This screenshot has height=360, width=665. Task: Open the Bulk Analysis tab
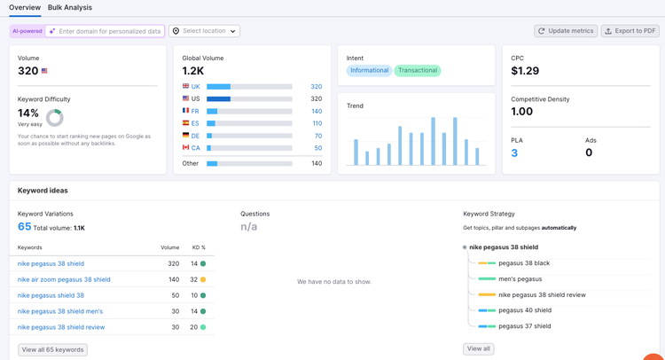(69, 8)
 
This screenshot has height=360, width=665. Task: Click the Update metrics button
(566, 31)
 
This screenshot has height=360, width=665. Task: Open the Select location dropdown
(205, 31)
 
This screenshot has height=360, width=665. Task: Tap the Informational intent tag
(370, 70)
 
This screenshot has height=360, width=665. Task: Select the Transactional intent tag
(418, 70)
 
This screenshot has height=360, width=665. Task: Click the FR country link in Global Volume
(195, 111)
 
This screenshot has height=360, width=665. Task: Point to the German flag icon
(186, 135)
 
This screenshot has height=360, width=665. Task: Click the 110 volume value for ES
(317, 123)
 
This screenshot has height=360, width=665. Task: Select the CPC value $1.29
(525, 71)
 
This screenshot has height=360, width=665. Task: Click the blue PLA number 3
(514, 153)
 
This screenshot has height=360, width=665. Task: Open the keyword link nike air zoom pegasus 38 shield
(64, 279)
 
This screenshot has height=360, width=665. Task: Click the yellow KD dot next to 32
(203, 279)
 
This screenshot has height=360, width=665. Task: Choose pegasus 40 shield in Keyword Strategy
(525, 310)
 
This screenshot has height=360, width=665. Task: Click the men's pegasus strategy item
(520, 279)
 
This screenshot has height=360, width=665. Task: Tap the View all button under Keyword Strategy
(479, 348)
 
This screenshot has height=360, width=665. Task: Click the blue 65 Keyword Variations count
(24, 226)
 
